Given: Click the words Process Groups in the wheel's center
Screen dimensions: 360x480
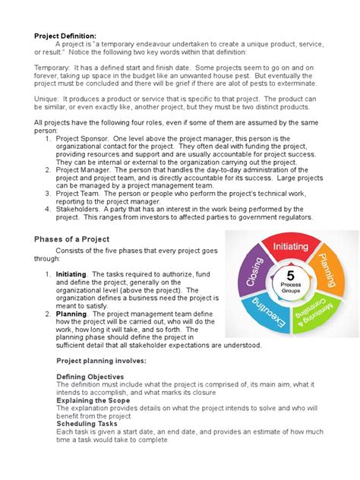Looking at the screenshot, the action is [290, 289].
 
